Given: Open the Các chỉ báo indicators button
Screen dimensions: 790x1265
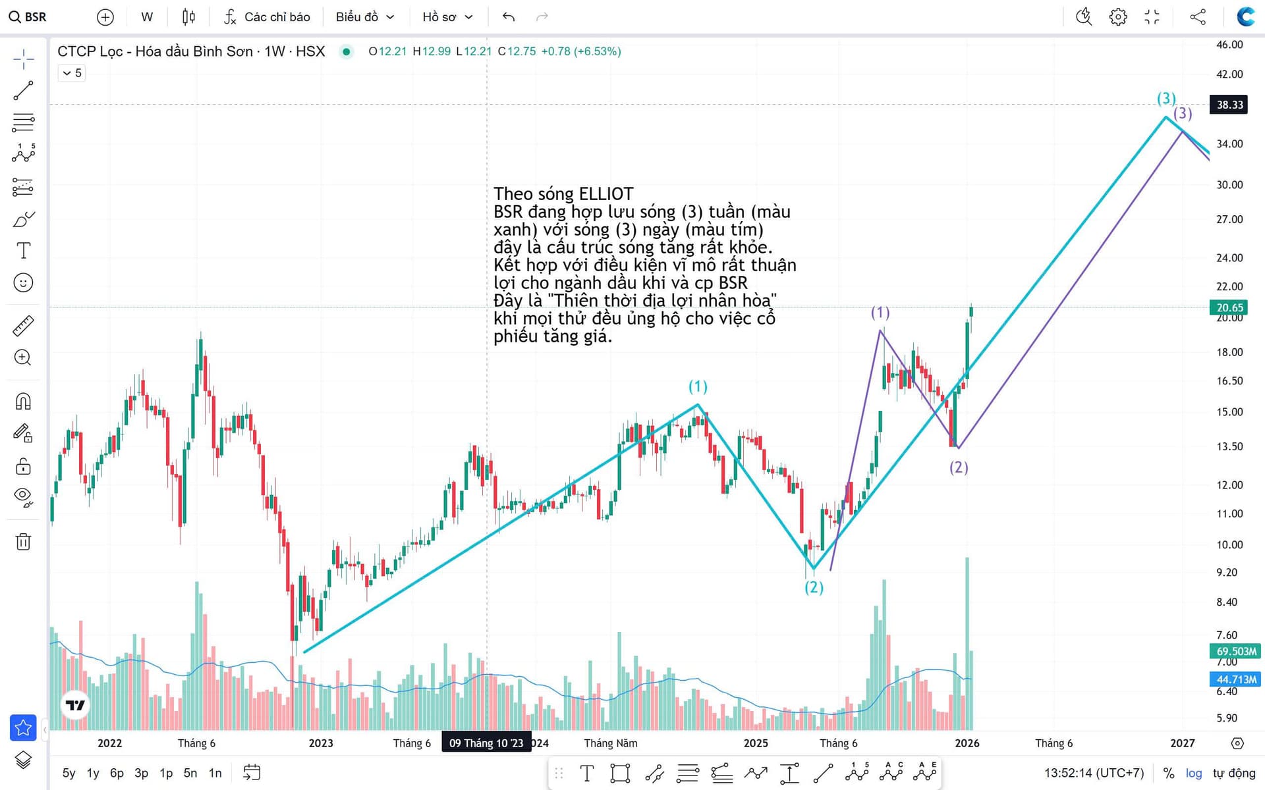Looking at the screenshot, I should pos(267,17).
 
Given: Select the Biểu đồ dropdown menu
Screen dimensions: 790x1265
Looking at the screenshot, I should pos(364,17).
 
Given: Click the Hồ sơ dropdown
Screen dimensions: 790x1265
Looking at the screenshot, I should pos(447,17).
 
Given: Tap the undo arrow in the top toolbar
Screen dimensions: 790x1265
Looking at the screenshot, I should pos(508,17).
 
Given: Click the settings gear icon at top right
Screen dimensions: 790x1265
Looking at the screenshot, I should pos(1118,17).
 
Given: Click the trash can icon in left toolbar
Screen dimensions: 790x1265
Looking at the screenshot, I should pos(23,542).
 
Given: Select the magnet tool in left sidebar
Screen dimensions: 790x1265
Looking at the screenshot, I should pos(23,402).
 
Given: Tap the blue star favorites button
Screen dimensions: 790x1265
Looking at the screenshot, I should pos(23,727).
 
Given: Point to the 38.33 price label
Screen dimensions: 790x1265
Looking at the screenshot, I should pos(1229,105).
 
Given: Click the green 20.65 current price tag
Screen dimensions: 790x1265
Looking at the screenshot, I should pos(1229,307).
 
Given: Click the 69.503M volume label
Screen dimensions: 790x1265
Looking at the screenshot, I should pos(1235,651).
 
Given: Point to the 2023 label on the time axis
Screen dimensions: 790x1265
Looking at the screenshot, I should pos(321,743).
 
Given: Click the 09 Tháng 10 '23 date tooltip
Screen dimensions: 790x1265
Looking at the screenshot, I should pos(486,743).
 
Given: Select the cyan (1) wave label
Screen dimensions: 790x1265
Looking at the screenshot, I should pos(698,386).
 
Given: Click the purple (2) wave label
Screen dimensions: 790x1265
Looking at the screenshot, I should pos(959,467).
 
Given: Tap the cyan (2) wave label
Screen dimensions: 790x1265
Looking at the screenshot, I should pos(814,587).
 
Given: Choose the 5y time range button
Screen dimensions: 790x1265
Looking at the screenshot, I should pos(69,773).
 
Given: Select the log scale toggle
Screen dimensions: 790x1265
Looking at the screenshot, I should pos(1193,773).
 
